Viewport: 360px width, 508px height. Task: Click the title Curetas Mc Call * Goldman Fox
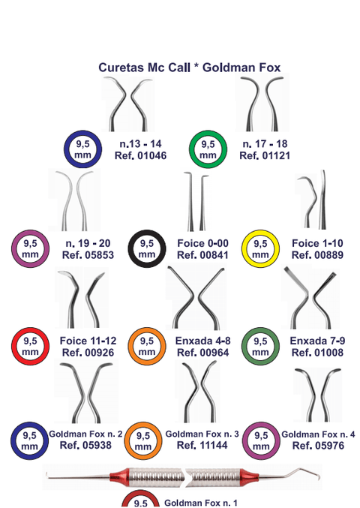click(190, 68)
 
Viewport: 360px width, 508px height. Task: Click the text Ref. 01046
click(140, 155)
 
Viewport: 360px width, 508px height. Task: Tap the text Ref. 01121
click(265, 155)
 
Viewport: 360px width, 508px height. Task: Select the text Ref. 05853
click(88, 255)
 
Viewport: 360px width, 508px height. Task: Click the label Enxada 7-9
click(317, 341)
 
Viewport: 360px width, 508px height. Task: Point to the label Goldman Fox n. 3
click(202, 434)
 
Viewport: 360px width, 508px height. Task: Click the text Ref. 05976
click(318, 446)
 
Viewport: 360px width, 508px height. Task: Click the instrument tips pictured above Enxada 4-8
click(196, 297)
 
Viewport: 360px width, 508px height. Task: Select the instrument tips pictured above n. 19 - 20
click(75, 200)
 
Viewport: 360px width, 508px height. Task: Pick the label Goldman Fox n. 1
click(201, 503)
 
